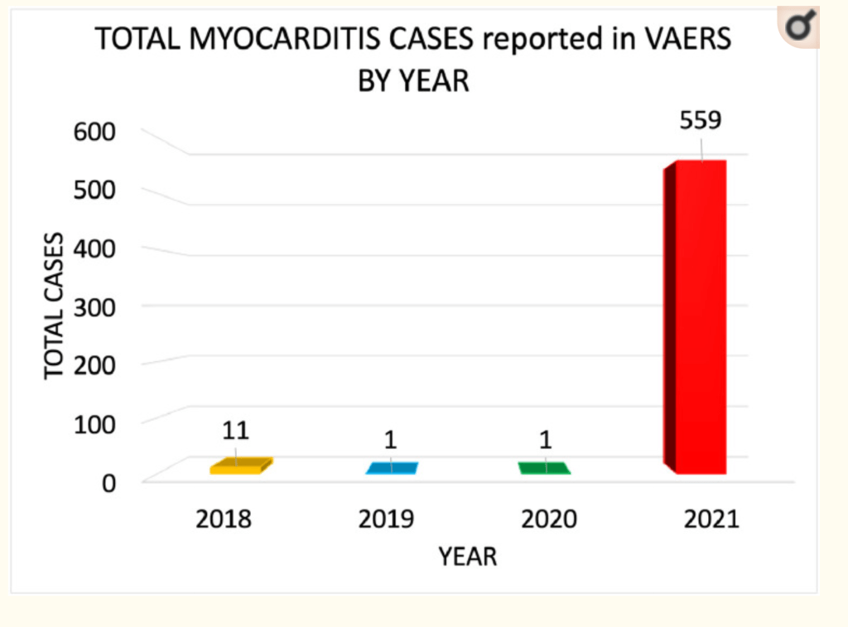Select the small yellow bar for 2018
pyautogui.click(x=240, y=467)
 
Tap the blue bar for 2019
pyautogui.click(x=392, y=468)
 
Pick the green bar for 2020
pyautogui.click(x=544, y=468)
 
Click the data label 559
pyautogui.click(x=701, y=120)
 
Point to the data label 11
pyautogui.click(x=235, y=431)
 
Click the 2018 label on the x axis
pyautogui.click(x=223, y=520)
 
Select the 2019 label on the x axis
pyautogui.click(x=386, y=520)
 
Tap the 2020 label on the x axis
pyautogui.click(x=549, y=520)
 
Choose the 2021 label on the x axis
pyautogui.click(x=711, y=520)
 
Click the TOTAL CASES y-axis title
pyautogui.click(x=55, y=306)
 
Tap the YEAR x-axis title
pyautogui.click(x=468, y=557)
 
